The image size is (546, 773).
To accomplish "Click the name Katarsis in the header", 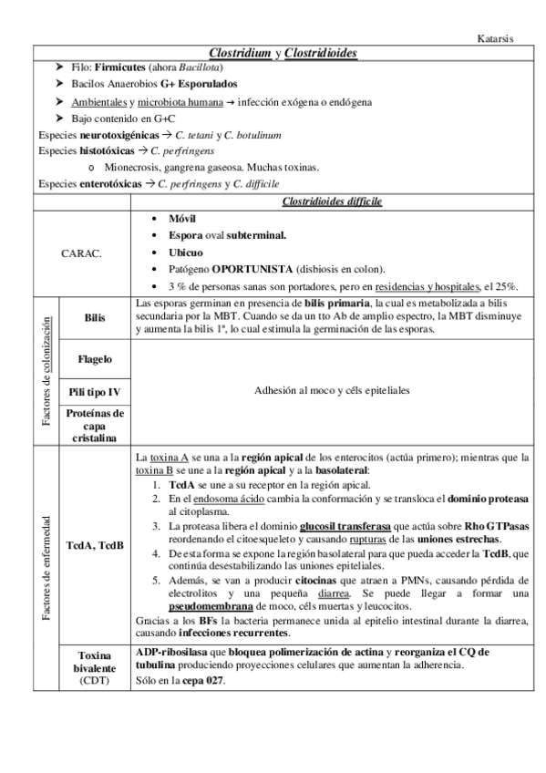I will [x=497, y=39].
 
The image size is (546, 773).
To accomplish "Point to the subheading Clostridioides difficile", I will [x=332, y=201].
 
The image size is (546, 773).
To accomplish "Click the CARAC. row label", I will [x=83, y=253].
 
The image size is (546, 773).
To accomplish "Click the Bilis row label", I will [x=95, y=317].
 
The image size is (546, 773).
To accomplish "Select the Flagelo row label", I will [x=95, y=359].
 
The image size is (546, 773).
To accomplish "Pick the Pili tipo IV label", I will [x=95, y=392].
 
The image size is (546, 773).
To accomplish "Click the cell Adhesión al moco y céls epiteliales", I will [x=332, y=390].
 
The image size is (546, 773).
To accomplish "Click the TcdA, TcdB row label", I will [x=95, y=545].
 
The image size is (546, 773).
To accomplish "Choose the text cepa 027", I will [x=204, y=683].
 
